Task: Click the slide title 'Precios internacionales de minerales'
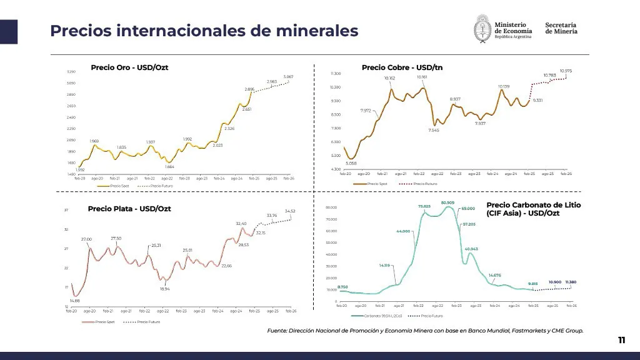click(x=204, y=30)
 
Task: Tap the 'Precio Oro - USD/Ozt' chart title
click(x=129, y=67)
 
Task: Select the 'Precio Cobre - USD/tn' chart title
click(x=402, y=67)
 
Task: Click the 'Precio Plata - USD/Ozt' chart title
click(x=129, y=209)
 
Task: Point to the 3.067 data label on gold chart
click(x=288, y=77)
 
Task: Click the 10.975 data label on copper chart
click(x=566, y=71)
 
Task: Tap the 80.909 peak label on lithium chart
click(x=447, y=202)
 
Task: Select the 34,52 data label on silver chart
click(x=290, y=211)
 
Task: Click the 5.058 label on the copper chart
click(x=351, y=164)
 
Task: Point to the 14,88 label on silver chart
click(x=74, y=301)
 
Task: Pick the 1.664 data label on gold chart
click(x=169, y=167)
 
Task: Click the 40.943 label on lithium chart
click(x=471, y=249)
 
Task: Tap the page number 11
click(x=621, y=340)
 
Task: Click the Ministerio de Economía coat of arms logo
click(x=482, y=29)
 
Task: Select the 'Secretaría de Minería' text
click(x=561, y=28)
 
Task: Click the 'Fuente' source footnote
click(x=425, y=331)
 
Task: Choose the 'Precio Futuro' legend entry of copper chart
click(x=424, y=184)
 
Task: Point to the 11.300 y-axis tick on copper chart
click(x=335, y=74)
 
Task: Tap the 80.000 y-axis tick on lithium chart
click(x=331, y=207)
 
